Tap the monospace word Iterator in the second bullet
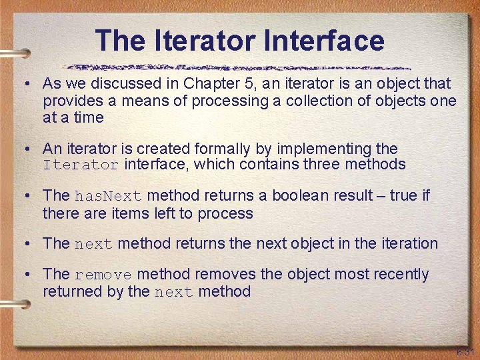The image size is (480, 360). pos(81,165)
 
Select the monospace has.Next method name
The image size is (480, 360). pos(108,197)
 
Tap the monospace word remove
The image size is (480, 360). pos(103,275)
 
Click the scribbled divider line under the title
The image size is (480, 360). pos(240,67)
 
